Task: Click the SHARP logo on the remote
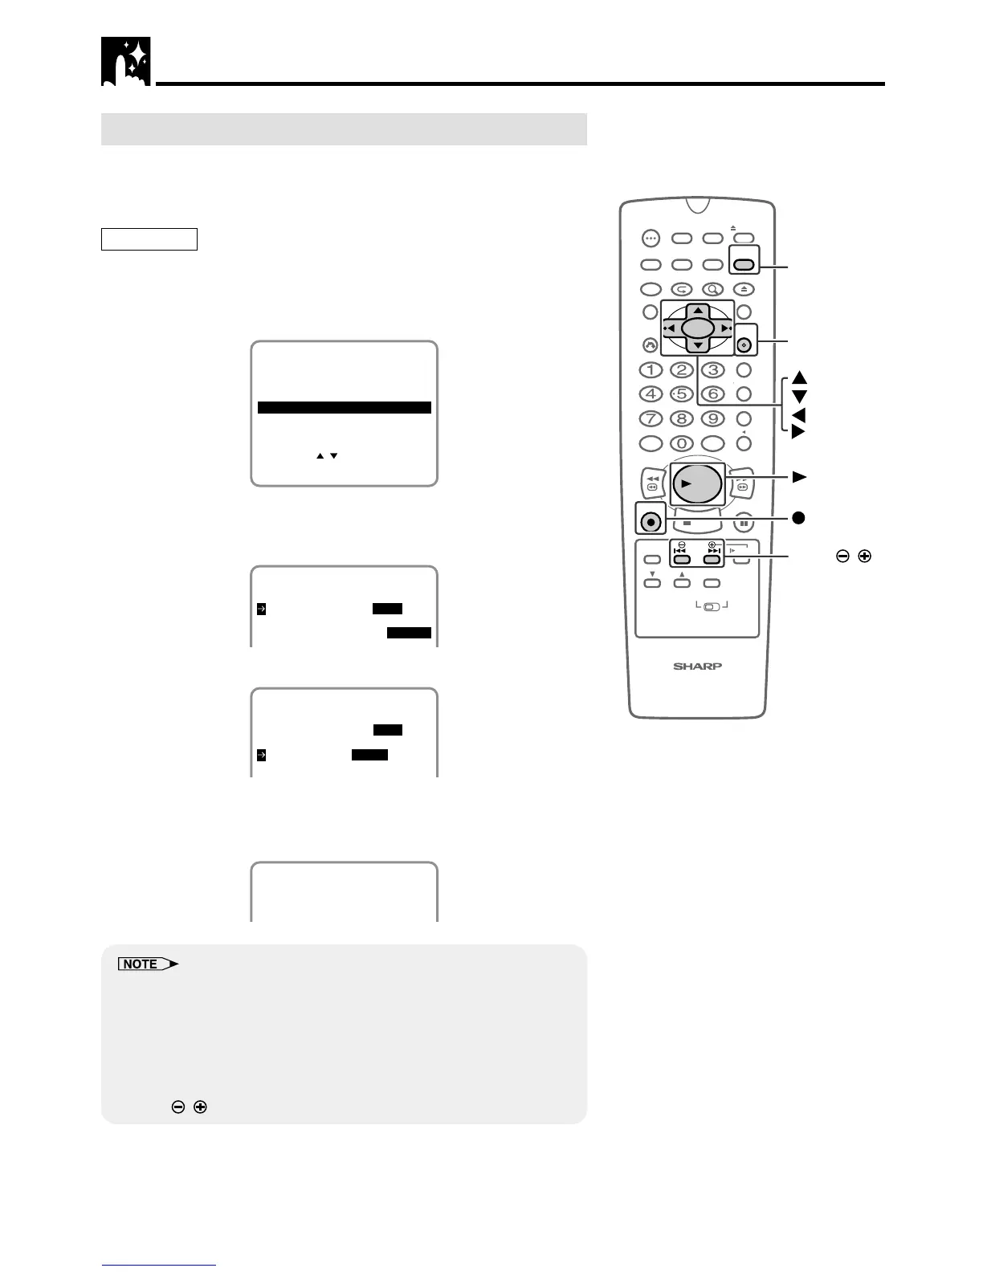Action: (697, 666)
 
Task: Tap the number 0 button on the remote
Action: (682, 442)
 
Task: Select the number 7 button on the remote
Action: (651, 418)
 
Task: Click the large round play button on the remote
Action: (696, 483)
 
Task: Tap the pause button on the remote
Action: (744, 523)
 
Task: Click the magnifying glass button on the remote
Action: (712, 289)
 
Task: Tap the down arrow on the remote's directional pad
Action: (698, 344)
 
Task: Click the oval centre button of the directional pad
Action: (697, 328)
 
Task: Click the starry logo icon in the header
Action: (125, 61)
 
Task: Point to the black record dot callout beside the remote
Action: (798, 518)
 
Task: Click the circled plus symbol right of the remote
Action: (864, 556)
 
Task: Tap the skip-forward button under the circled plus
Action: (712, 559)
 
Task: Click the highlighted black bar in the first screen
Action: (345, 408)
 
